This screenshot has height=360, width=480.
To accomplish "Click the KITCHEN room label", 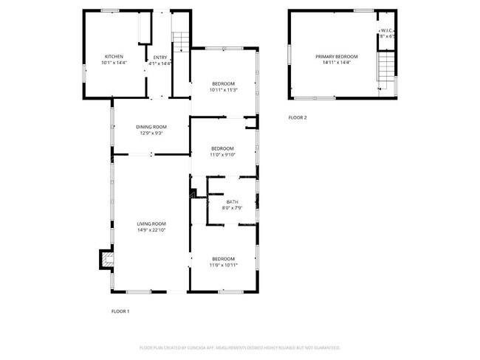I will click(114, 57).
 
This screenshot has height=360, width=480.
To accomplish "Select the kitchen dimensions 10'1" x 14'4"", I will click(114, 63).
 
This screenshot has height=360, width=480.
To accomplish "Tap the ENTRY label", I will click(160, 57).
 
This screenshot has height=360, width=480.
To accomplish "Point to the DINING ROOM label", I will click(151, 126).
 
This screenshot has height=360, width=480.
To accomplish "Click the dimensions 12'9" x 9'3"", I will click(151, 133).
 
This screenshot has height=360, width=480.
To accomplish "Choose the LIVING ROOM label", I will click(151, 224).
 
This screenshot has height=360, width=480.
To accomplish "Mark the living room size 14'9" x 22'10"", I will click(151, 230).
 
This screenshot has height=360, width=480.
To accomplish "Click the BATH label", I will click(233, 201).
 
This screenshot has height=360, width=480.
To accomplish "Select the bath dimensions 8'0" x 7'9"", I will click(233, 208).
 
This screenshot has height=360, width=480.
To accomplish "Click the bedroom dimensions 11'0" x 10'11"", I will click(223, 265).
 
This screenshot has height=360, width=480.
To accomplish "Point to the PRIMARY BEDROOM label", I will click(336, 57).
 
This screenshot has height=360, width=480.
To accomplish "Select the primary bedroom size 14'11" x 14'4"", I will click(336, 63).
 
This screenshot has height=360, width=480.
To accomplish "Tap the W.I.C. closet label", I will click(387, 30).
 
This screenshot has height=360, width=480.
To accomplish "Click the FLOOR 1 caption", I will click(120, 311).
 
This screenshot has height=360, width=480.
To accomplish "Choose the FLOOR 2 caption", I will click(298, 117).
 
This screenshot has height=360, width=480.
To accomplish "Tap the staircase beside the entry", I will click(181, 42).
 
